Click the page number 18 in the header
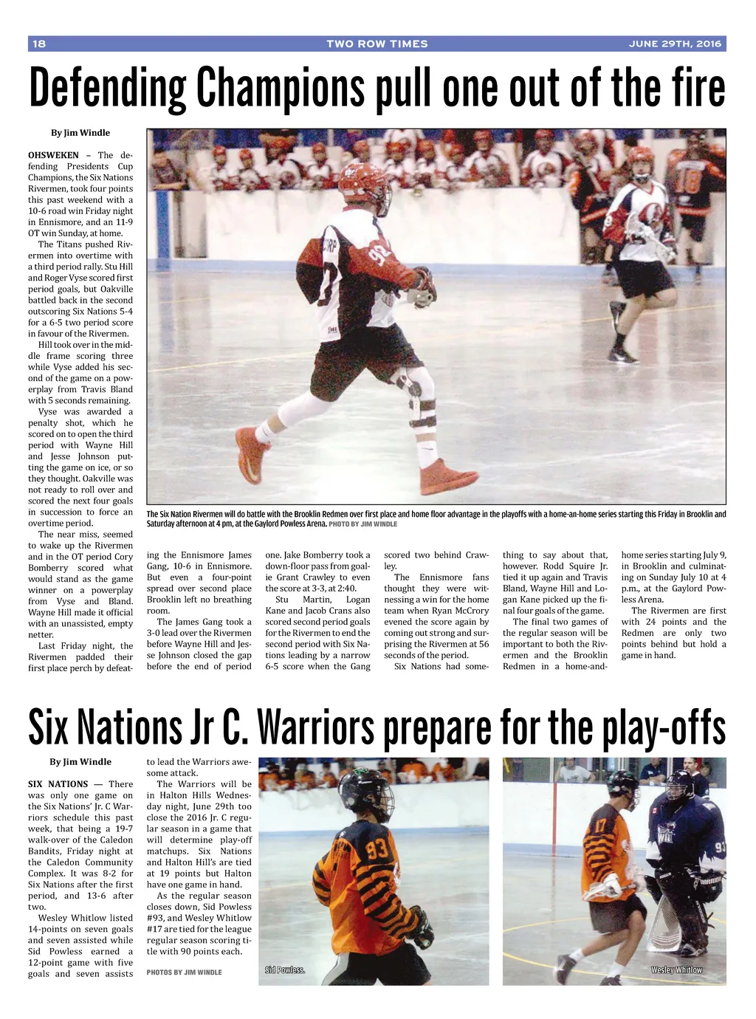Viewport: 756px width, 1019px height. tap(39, 44)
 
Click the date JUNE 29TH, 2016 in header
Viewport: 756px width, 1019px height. tap(674, 44)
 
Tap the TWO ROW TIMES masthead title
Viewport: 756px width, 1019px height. tap(377, 44)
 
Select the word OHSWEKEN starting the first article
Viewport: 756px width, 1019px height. tap(53, 155)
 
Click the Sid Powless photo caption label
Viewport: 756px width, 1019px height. tap(285, 970)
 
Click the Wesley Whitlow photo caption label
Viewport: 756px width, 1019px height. tap(676, 970)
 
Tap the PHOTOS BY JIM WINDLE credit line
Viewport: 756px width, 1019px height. tap(184, 972)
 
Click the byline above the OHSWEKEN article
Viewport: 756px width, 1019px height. tap(80, 133)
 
